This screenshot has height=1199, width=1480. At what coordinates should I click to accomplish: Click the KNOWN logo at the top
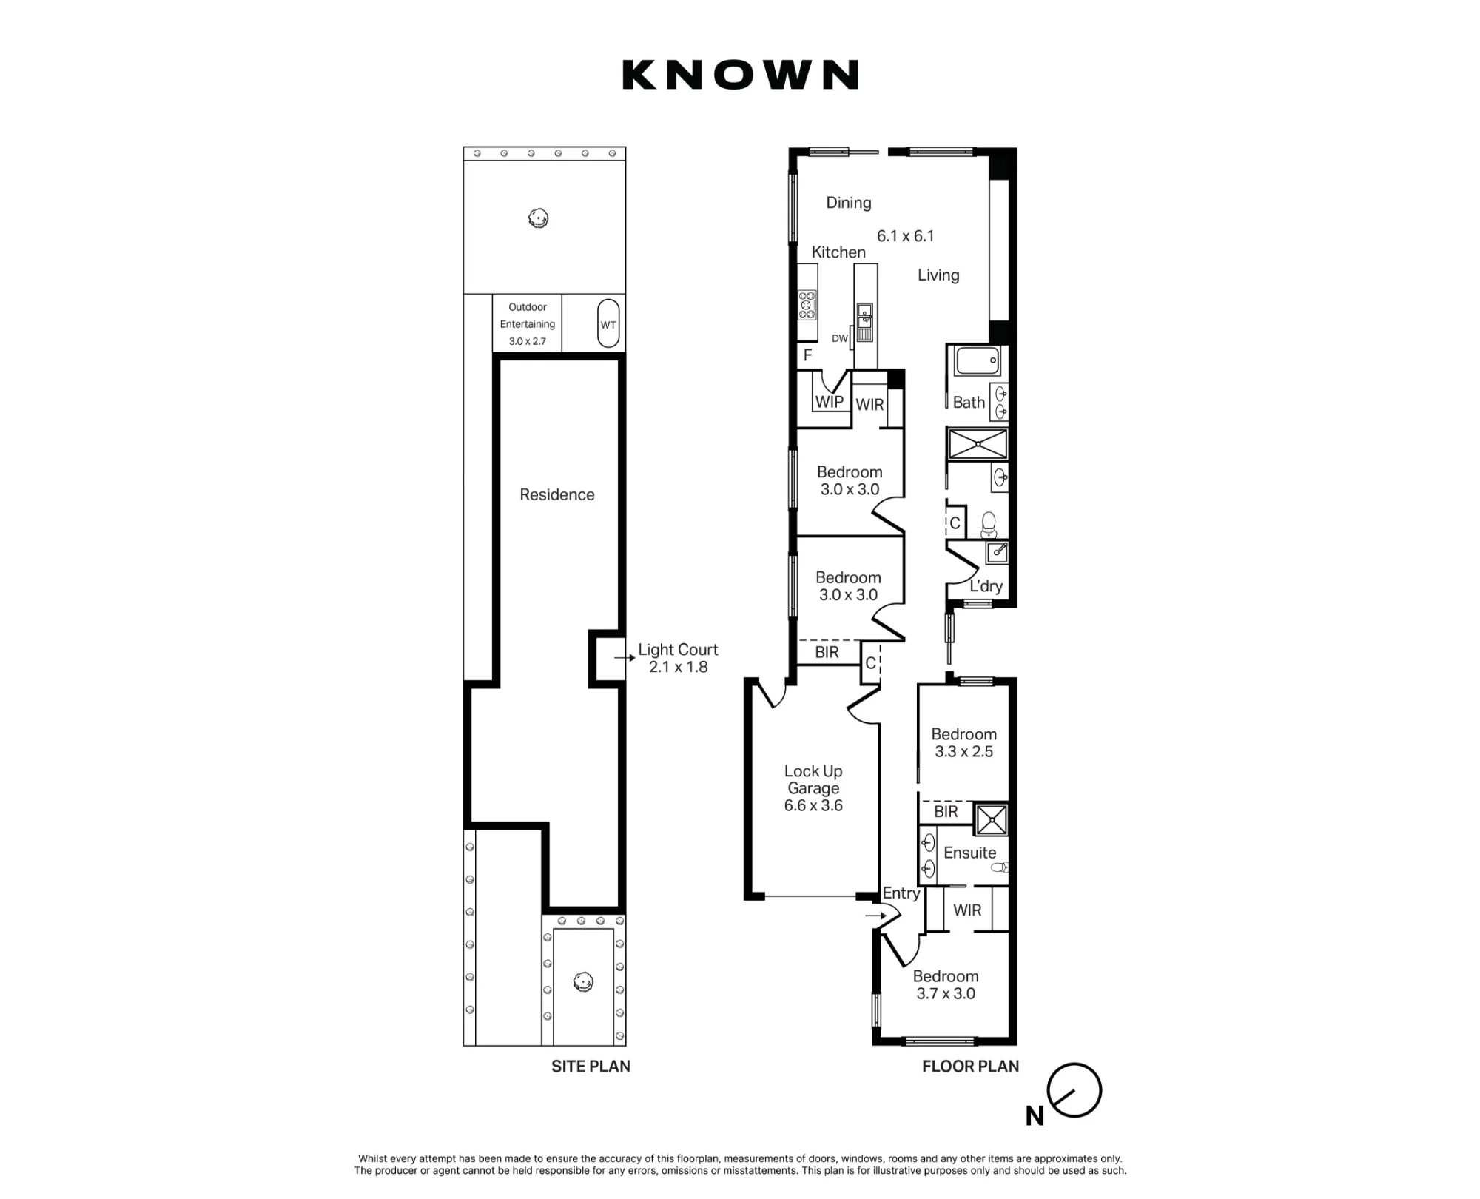(x=740, y=75)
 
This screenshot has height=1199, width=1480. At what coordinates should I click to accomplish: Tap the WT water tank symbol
(x=608, y=323)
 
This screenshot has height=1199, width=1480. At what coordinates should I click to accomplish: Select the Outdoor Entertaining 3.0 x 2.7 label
(x=527, y=324)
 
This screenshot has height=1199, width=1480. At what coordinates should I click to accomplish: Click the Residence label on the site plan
(x=556, y=494)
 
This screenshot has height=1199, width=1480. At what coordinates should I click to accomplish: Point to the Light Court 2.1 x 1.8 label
(x=678, y=658)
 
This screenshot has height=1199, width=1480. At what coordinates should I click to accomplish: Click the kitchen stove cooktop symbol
(x=807, y=305)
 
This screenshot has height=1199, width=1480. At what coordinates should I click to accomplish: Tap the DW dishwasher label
(x=839, y=338)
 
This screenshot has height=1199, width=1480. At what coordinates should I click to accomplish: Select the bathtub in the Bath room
(x=978, y=362)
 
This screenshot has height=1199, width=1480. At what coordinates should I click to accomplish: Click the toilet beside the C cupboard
(x=989, y=525)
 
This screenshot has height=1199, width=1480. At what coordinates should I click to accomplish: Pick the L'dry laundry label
(x=986, y=586)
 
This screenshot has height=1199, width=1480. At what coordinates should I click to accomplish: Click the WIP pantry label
(x=829, y=402)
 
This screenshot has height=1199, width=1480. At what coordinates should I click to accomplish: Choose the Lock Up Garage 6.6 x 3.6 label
(x=813, y=788)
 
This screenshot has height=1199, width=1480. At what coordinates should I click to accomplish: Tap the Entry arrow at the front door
(x=875, y=916)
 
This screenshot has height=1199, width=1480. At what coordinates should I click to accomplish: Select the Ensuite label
(x=969, y=853)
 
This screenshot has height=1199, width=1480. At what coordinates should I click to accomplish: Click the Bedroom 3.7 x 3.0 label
(x=946, y=985)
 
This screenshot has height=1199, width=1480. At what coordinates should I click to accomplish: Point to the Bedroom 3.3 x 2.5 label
(x=963, y=743)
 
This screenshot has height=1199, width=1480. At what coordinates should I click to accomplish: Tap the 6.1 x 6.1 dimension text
(x=905, y=236)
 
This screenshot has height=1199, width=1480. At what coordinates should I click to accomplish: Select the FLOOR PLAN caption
(x=970, y=1067)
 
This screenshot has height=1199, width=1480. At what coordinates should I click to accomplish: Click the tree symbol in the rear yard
(x=538, y=218)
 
